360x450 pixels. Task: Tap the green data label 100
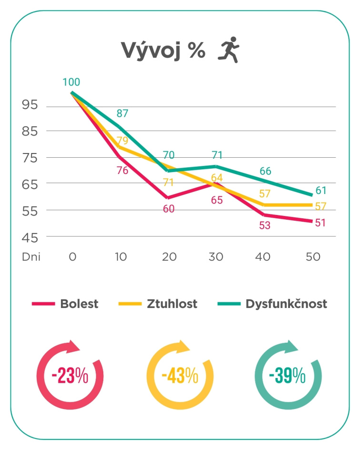tap(71, 82)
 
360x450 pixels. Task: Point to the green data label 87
tap(122, 113)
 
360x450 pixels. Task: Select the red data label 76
tap(122, 170)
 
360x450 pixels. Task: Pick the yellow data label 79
tap(122, 141)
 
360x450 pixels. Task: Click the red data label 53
tap(264, 225)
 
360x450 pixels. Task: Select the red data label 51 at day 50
tap(320, 222)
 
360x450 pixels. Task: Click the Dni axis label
tap(31, 256)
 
